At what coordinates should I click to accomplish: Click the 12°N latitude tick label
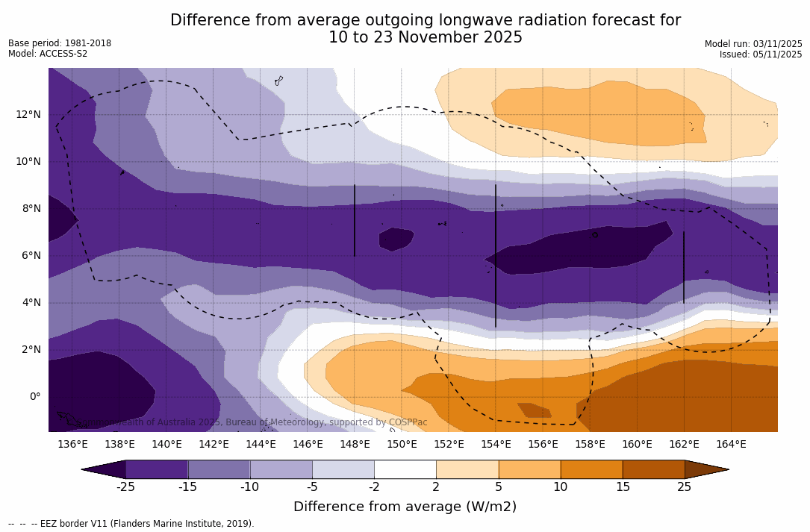[x=28, y=114]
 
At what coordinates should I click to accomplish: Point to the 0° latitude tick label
[x=34, y=396]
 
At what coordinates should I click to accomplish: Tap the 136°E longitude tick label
[x=72, y=444]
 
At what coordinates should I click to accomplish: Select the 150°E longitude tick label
[x=402, y=444]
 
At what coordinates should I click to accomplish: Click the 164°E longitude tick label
[x=731, y=444]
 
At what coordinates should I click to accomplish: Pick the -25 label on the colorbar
[x=125, y=487]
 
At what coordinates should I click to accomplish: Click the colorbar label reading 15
[x=622, y=487]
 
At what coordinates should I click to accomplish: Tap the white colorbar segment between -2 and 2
[x=405, y=469]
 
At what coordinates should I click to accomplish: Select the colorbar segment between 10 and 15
[x=591, y=469]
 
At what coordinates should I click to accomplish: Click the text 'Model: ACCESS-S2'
[x=48, y=54]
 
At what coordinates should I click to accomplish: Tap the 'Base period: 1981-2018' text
[x=60, y=43]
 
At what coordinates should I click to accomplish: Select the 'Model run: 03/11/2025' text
[x=753, y=44]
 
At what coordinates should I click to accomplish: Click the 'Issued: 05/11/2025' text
[x=761, y=54]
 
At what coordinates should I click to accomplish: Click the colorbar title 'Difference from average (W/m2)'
[x=405, y=507]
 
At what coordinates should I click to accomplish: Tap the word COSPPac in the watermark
[x=408, y=422]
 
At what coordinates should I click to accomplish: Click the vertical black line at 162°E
[x=684, y=267]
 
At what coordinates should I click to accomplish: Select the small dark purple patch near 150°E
[x=396, y=239]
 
